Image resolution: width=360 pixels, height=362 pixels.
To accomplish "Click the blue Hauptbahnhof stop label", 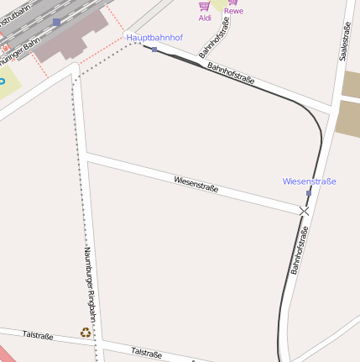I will [154, 38].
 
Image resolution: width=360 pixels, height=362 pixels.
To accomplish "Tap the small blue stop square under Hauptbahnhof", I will [154, 50].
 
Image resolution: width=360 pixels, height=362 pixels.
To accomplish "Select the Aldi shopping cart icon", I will [204, 6].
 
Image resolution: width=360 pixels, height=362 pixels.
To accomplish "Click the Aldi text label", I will [205, 17].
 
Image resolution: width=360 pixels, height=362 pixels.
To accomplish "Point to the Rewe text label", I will [233, 11].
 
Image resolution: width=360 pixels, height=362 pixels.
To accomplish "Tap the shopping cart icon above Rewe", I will [232, 2].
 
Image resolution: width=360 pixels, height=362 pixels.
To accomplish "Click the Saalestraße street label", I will [344, 41].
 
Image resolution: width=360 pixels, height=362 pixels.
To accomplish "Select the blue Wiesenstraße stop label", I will [309, 181].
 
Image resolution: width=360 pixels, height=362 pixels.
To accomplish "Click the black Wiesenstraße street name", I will [196, 184].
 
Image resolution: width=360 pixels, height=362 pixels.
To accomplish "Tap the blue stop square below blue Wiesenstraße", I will [308, 193].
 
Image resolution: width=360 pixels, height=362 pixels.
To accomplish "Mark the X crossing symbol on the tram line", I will [304, 211].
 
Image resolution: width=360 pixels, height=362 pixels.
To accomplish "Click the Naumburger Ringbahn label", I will [90, 286].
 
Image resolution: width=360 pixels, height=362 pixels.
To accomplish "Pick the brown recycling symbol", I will [85, 333].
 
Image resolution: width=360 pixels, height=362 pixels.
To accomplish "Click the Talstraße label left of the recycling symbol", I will [38, 335].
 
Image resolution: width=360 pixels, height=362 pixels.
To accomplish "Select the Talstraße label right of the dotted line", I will [146, 352].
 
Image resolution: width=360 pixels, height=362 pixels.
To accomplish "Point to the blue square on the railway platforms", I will [56, 22].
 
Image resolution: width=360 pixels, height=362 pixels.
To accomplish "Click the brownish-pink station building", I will [71, 38].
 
